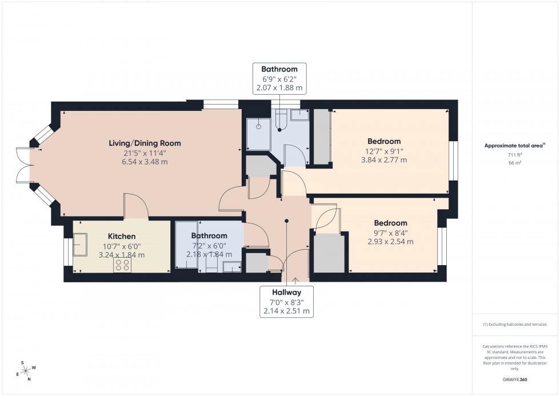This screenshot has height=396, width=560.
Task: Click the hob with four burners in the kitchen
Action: coord(122,264)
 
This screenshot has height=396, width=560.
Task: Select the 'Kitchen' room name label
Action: coord(122,236)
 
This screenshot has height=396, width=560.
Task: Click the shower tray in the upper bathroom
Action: coord(258,133)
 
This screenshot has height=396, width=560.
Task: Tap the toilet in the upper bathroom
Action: coord(281,120)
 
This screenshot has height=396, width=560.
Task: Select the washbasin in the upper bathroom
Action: coord(298,115)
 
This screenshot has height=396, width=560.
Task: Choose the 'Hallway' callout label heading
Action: coord(287,292)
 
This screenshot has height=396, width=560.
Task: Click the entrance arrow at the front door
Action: coord(295,279)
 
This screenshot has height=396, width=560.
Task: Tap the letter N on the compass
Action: coord(29,379)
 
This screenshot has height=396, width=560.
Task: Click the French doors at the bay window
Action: coord(21,165)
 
